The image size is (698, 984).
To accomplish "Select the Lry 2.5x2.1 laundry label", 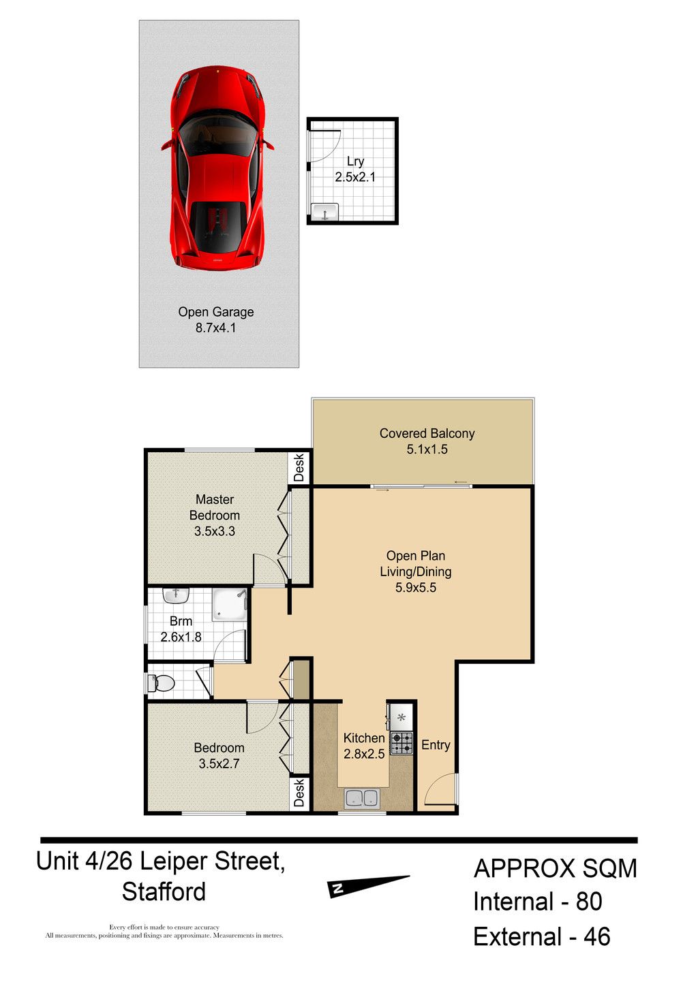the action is pyautogui.click(x=355, y=169).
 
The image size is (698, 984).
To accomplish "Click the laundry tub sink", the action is pyautogui.click(x=324, y=212).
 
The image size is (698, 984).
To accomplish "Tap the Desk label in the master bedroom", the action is pyautogui.click(x=299, y=467).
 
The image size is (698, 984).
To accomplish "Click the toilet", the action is pyautogui.click(x=161, y=683).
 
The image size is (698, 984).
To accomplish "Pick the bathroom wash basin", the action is pyautogui.click(x=177, y=596).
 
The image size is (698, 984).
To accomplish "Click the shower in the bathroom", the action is pyautogui.click(x=229, y=605).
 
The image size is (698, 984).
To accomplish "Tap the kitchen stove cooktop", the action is pyautogui.click(x=401, y=743).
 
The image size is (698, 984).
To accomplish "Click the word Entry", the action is pyautogui.click(x=436, y=745).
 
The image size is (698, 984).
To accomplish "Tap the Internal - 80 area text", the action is pyautogui.click(x=537, y=902).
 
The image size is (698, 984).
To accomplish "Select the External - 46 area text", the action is pyautogui.click(x=542, y=936).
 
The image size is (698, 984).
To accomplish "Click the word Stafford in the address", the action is pyautogui.click(x=164, y=892).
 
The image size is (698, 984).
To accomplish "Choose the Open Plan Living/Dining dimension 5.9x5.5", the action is pyautogui.click(x=416, y=588).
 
